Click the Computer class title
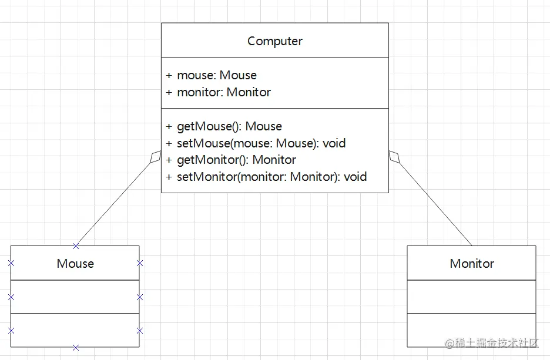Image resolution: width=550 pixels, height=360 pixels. [274, 41]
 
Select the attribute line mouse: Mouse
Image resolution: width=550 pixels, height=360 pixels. [217, 75]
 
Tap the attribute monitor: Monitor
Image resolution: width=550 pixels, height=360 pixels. [224, 92]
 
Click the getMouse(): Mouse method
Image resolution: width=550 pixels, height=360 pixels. [229, 126]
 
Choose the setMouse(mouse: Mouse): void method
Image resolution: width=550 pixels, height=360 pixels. [261, 143]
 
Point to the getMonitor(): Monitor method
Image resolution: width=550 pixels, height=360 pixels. [236, 160]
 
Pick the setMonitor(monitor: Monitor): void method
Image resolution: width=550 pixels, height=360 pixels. [272, 177]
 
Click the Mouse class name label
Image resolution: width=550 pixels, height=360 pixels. [75, 264]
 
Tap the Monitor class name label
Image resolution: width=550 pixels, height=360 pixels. [472, 264]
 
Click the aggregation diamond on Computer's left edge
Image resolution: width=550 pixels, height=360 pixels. [155, 157]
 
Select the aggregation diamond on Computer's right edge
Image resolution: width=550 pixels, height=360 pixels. [394, 157]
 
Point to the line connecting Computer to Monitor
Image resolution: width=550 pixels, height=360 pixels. [435, 204]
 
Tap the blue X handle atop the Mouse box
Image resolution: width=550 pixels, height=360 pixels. [75, 246]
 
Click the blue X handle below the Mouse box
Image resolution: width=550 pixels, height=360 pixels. [75, 348]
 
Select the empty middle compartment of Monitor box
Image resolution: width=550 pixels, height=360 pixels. [471, 297]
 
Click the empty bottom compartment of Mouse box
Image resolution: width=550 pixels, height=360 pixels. [75, 330]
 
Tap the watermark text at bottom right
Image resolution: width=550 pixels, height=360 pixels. [491, 343]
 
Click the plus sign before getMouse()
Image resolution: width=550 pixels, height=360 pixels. [169, 126]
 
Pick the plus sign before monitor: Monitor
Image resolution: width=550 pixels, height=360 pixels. [169, 92]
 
